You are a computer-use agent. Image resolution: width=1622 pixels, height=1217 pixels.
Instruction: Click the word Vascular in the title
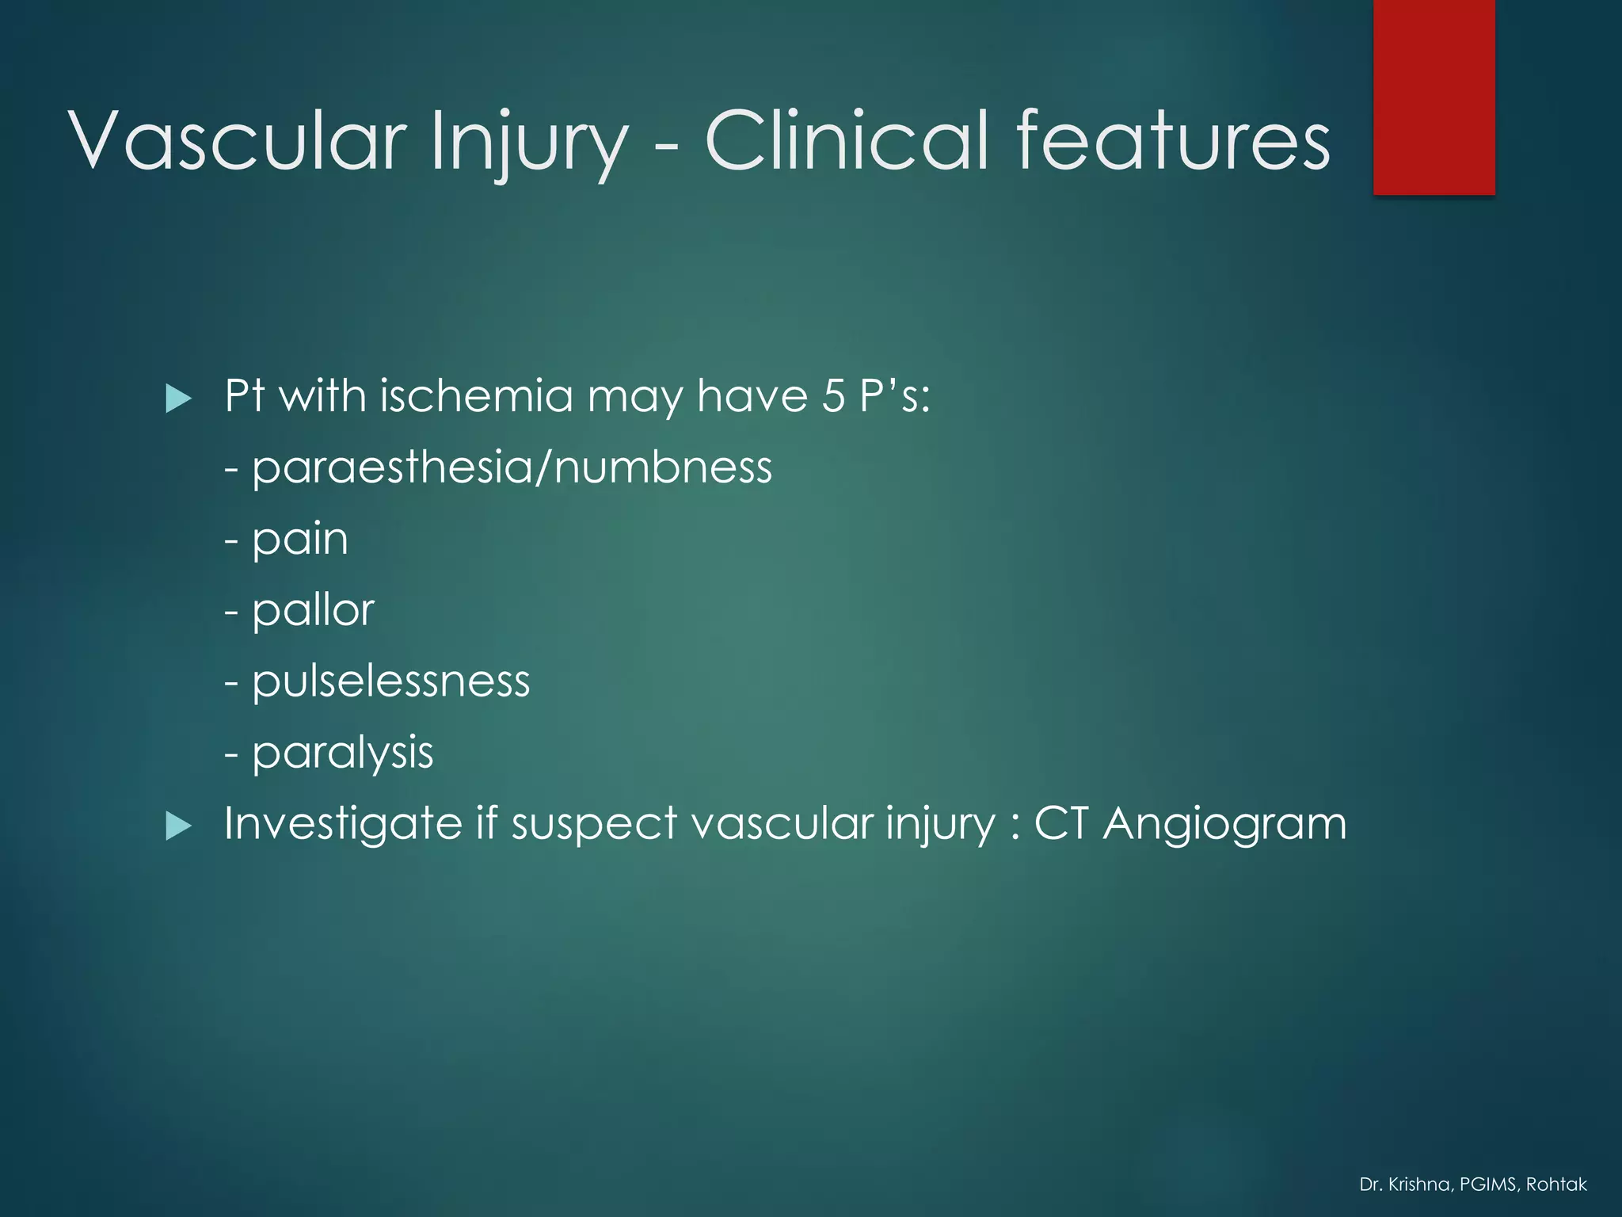[238, 141]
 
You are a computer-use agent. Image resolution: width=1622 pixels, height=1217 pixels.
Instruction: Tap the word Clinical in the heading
[847, 141]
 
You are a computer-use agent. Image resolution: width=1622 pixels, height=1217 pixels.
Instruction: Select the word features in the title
[1173, 141]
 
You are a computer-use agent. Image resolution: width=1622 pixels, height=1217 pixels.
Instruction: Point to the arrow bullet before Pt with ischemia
[178, 398]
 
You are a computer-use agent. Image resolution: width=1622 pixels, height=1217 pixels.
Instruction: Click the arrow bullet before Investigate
[178, 826]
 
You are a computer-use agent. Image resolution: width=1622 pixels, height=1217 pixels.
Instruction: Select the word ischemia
[475, 395]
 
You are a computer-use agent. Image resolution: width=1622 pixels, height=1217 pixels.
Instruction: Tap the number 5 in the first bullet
[833, 395]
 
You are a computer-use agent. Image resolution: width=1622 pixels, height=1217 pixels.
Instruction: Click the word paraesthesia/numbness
[512, 467]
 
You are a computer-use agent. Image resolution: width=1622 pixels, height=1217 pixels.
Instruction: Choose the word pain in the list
[300, 540]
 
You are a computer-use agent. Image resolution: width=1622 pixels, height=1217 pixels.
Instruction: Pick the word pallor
[313, 611]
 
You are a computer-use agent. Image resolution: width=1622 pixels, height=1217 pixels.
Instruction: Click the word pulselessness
[390, 681]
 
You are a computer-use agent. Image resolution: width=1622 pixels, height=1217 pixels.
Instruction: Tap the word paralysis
[342, 753]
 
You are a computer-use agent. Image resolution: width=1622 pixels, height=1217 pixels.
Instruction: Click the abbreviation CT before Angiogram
[1061, 824]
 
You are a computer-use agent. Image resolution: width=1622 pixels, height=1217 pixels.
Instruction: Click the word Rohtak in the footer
[1556, 1185]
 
